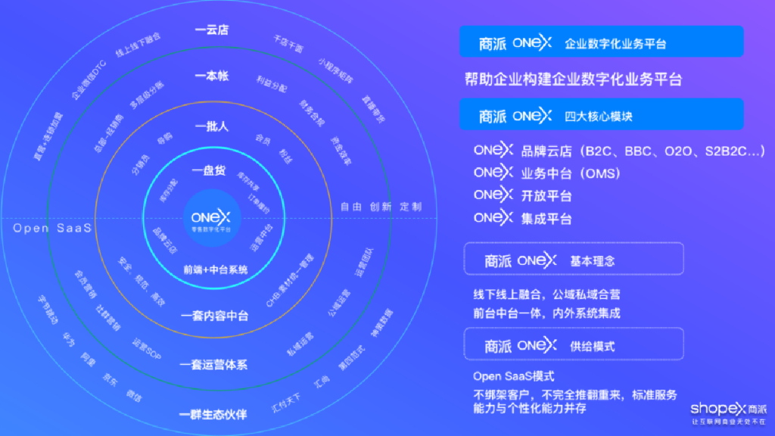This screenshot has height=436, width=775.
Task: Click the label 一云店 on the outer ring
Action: coord(211,30)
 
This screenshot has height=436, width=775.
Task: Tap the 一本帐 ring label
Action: coord(211,76)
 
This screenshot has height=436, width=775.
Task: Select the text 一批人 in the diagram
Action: coord(211,126)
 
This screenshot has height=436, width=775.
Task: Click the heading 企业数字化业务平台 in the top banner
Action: coord(615,44)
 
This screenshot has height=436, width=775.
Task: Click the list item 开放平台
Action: coord(546,196)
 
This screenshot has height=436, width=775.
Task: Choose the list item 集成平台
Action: coord(546,220)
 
